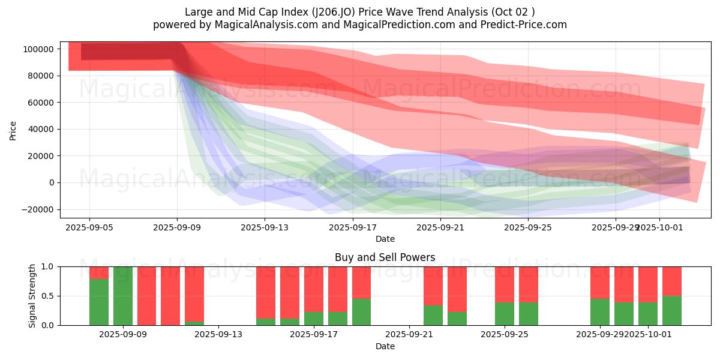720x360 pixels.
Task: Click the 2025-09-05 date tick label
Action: coord(89,228)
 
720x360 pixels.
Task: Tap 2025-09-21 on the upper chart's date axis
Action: coord(440,228)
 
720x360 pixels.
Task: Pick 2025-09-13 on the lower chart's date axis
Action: coord(218,335)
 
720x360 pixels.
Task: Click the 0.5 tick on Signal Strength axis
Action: coord(49,296)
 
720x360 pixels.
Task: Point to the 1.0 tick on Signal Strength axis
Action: coord(49,266)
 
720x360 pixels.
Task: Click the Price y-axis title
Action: coord(13,130)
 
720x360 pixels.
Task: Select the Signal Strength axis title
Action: coord(33,296)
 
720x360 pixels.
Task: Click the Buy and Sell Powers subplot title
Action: coord(385,257)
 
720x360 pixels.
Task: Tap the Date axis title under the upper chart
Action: coord(385,239)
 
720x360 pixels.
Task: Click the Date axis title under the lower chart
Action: coord(385,346)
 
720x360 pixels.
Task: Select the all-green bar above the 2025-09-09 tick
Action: coord(123,296)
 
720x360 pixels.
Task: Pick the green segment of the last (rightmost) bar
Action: coord(672,311)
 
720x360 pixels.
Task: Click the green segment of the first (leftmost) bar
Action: coord(99,302)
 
